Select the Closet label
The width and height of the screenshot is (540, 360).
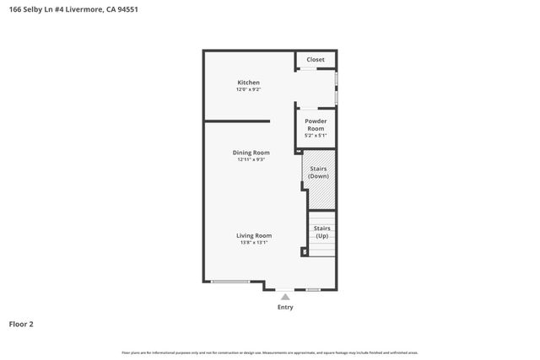coord(316,60)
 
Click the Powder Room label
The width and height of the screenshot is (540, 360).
coord(316,125)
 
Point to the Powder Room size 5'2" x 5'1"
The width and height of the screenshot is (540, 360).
coord(316,136)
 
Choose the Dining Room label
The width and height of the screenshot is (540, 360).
coord(251,153)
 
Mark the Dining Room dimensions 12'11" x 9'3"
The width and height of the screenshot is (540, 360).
coord(251,159)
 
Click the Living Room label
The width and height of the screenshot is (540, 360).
coord(253,236)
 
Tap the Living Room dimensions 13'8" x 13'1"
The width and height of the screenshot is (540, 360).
coord(253,243)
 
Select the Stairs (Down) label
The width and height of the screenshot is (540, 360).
coord(318,173)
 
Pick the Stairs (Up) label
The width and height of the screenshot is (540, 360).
coord(321,233)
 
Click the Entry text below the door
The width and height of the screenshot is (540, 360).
coord(285,307)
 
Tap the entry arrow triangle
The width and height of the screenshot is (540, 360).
coord(285,297)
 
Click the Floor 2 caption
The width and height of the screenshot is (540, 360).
coord(21,324)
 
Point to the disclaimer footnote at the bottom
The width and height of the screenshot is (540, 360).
coord(269,352)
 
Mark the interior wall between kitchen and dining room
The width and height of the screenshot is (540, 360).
coord(237,121)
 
